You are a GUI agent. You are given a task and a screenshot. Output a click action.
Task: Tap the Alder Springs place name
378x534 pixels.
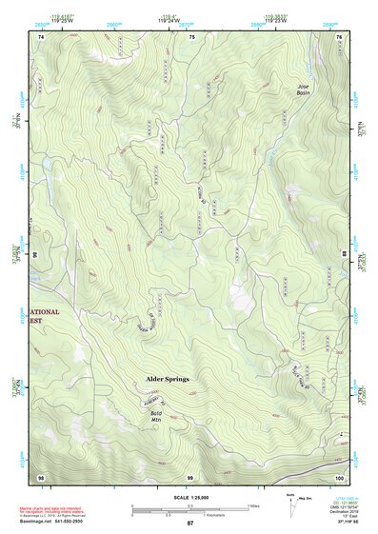pos(167,379)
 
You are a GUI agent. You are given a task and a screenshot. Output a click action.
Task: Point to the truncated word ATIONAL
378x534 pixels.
pos(44,312)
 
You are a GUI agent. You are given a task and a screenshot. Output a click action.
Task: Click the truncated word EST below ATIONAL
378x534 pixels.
pos(37,323)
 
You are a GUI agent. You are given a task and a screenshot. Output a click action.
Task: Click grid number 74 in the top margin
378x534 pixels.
pos(41,36)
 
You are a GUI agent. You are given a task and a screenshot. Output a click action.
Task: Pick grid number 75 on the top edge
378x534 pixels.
pos(191,36)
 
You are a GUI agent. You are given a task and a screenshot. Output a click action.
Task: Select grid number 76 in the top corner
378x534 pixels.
pos(340,36)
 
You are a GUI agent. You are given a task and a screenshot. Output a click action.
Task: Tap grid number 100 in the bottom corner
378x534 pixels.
pos(339,476)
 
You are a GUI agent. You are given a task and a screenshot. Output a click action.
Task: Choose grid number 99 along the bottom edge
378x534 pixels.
pos(189,476)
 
